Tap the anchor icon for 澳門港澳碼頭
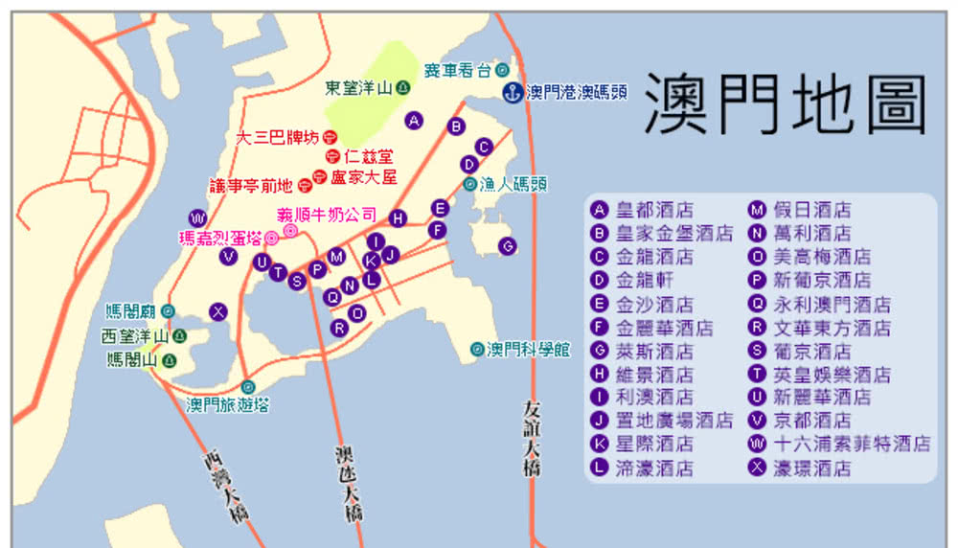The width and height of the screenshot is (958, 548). pos(513,93)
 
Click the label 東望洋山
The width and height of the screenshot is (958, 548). pos(359,88)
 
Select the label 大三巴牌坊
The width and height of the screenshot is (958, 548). pos(277,137)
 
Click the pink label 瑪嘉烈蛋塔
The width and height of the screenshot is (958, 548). pos(221,237)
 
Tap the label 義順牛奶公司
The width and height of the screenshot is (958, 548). pos(327,215)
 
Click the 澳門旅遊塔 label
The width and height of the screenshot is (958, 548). pos(227,405)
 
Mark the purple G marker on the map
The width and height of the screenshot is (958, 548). pos(508,246)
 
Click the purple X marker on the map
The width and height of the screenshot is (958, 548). pos(218,311)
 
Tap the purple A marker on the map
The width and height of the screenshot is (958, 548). pos(414,121)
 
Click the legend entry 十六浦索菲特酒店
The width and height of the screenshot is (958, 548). pos(852,444)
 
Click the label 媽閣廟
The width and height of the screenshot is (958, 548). pos(131,311)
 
